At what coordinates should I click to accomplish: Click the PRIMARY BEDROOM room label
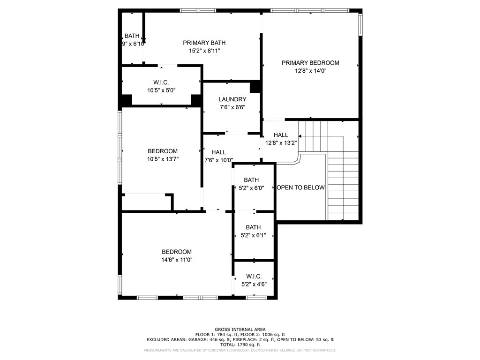(x=310, y=63)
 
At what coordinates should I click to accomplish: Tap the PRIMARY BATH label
(x=201, y=43)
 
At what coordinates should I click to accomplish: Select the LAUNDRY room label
(x=232, y=99)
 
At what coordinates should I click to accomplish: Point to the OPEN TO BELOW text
(x=300, y=187)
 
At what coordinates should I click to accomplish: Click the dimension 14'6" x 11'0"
(x=177, y=259)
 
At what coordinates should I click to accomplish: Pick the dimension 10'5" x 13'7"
(x=163, y=159)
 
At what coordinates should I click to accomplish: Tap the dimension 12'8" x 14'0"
(x=310, y=71)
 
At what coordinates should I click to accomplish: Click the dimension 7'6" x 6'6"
(x=232, y=107)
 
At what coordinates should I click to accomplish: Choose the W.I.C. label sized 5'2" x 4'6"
(x=253, y=277)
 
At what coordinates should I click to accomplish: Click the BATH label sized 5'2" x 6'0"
(x=251, y=180)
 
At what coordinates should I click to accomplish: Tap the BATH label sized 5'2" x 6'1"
(x=253, y=228)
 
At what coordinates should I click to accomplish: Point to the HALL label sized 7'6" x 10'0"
(x=218, y=152)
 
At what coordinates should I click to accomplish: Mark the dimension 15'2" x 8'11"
(x=201, y=51)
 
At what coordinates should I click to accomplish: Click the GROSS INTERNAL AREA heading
(x=240, y=330)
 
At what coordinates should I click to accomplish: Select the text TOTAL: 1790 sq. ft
(x=240, y=345)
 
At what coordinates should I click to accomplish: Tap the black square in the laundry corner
(x=255, y=87)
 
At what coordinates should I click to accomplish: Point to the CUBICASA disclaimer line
(x=240, y=350)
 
